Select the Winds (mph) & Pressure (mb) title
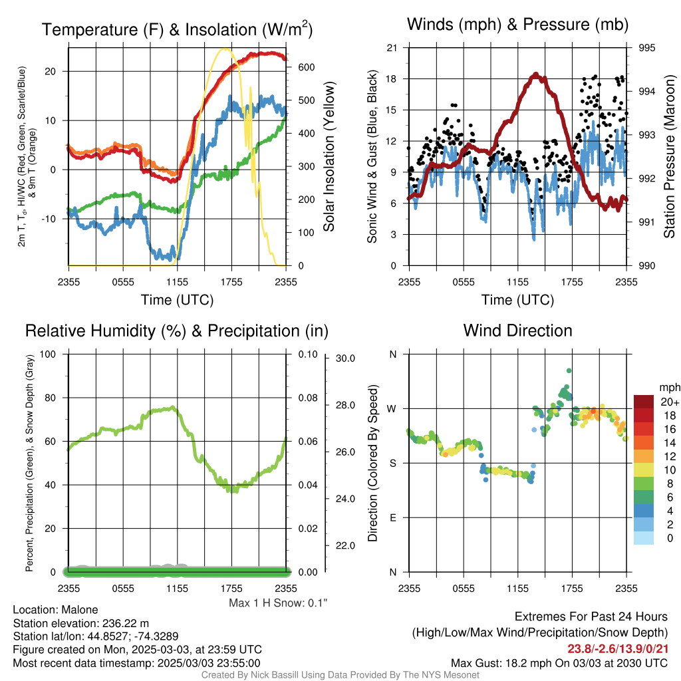click(x=517, y=25)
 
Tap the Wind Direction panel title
click(x=517, y=331)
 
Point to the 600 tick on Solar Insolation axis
click(x=306, y=67)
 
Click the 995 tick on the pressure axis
click(x=646, y=48)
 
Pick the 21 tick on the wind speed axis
click(x=392, y=48)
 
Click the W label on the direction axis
click(x=392, y=409)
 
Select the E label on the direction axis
click(x=392, y=517)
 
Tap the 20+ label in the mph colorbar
click(x=669, y=402)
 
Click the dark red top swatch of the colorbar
click(x=644, y=402)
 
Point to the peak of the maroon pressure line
click(x=536, y=74)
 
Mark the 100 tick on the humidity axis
click(x=48, y=354)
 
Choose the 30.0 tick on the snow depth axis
click(x=345, y=358)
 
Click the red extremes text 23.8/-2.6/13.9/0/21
click(x=618, y=649)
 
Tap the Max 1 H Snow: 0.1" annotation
click(x=278, y=603)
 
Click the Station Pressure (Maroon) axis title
click(x=669, y=156)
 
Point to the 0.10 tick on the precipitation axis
click(x=308, y=354)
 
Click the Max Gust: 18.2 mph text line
click(x=559, y=663)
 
